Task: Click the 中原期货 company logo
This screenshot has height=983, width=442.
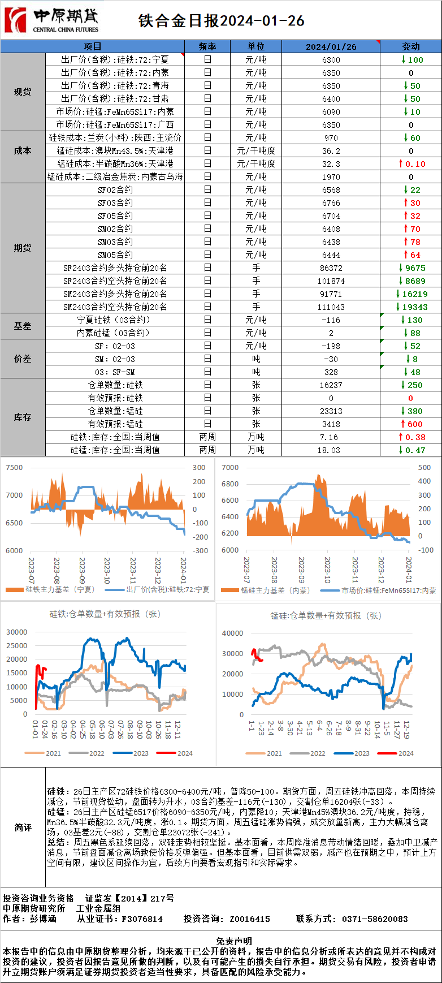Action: pos(51,20)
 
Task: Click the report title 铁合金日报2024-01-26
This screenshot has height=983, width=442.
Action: pos(222,21)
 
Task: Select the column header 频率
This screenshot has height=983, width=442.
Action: pos(207,46)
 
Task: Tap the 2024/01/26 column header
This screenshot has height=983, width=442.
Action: pos(331,46)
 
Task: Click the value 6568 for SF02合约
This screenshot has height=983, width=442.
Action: pos(331,190)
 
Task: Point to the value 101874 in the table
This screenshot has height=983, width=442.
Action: pos(331,281)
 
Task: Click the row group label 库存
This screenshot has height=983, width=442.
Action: pos(23,417)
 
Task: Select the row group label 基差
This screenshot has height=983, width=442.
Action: pos(23,326)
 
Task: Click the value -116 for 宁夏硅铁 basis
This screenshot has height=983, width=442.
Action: pos(331,320)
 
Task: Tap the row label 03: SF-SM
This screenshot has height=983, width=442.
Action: pos(115,372)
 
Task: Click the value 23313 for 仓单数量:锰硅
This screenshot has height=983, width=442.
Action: pos(331,411)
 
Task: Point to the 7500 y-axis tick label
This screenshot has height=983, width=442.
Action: pos(14,468)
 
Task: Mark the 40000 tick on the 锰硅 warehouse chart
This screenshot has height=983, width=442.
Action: pos(232,633)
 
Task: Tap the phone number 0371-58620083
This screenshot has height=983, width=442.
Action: pos(375,919)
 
